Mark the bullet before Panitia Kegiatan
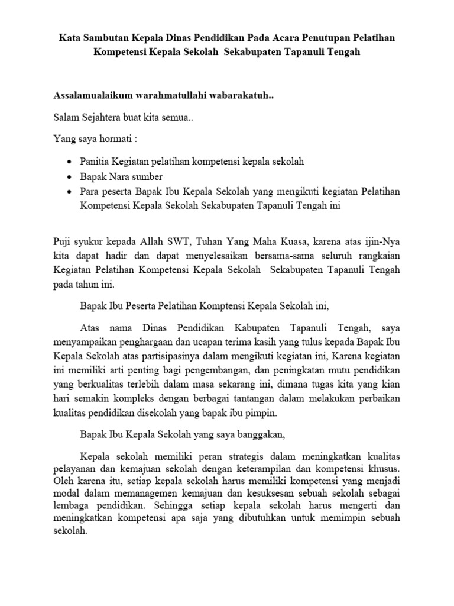pos(70,162)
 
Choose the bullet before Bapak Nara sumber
pos(70,177)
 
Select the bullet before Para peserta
pos(70,192)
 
